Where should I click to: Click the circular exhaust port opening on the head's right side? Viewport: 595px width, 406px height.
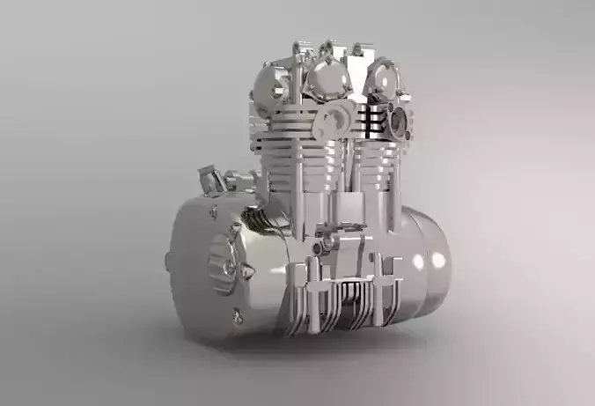click(x=401, y=120)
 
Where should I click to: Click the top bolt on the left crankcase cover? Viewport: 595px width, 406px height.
click(x=213, y=210)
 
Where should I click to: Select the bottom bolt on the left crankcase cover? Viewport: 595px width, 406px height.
click(x=236, y=317)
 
